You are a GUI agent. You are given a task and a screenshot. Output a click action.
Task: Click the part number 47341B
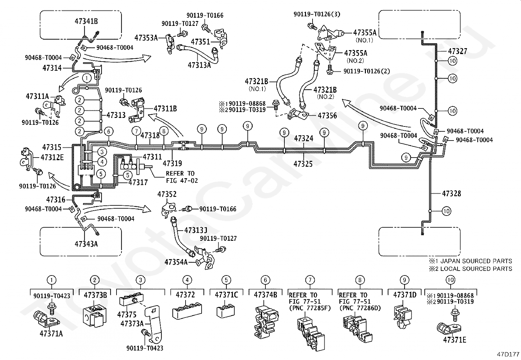[86, 21]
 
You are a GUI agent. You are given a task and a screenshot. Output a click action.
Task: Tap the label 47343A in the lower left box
[86, 244]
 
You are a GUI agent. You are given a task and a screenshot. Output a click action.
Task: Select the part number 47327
[458, 51]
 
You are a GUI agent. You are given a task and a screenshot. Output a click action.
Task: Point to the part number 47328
[451, 193]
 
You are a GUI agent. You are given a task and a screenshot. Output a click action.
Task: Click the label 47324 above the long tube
[304, 138]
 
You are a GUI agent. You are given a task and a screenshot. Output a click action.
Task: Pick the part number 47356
[327, 116]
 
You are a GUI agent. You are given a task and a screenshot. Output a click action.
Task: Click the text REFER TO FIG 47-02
[182, 177]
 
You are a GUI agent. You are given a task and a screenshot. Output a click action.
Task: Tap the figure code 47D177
[508, 354]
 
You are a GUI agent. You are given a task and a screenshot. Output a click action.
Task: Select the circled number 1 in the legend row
[51, 280]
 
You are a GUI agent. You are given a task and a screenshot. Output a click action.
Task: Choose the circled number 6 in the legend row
[265, 280]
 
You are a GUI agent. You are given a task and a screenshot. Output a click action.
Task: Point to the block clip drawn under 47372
[187, 311]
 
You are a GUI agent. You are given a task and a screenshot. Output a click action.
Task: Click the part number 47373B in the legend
[95, 295]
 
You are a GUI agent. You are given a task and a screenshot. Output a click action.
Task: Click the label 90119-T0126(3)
[317, 14]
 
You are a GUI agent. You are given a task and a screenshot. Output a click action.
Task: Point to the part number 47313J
[196, 230]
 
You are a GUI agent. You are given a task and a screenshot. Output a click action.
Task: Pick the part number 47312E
[52, 158]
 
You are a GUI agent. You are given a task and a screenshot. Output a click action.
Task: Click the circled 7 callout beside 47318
[136, 131]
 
